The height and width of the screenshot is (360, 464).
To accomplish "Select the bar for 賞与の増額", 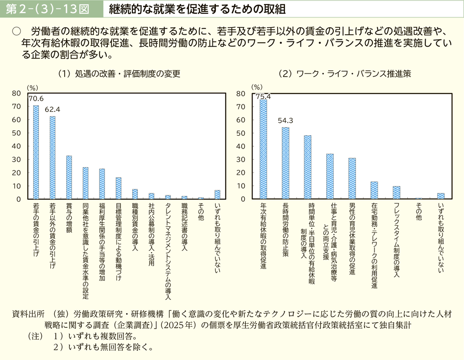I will [x=69, y=178].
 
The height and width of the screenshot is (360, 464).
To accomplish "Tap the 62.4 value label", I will [x=52, y=109].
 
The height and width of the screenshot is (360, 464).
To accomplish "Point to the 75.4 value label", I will [x=263, y=96].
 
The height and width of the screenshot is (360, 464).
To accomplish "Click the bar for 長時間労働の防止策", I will [x=285, y=163].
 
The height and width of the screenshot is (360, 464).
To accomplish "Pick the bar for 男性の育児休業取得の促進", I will [x=352, y=179].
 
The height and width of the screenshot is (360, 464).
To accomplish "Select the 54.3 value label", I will [x=285, y=120].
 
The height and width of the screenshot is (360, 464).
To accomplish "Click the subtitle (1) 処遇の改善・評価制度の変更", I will [x=119, y=74].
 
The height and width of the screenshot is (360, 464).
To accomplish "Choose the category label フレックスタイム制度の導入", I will [x=396, y=238].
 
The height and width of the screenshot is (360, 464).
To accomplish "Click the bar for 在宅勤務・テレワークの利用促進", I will [x=374, y=190].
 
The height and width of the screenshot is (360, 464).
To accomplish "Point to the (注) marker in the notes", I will [x=34, y=337].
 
